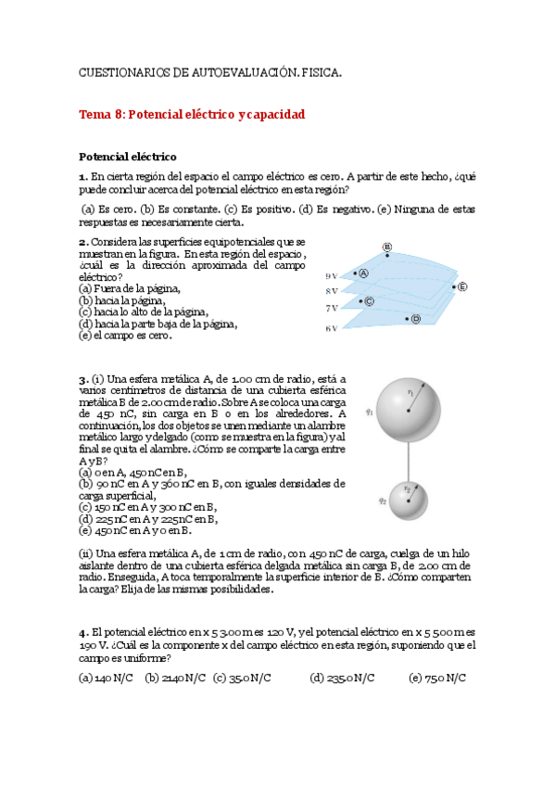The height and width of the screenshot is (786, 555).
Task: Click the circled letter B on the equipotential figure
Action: (387, 247)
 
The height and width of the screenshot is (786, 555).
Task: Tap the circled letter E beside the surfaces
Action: (462, 286)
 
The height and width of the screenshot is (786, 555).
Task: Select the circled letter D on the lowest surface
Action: (416, 319)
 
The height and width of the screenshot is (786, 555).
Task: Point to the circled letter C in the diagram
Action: (368, 301)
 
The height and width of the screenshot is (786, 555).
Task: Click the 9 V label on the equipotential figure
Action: (331, 276)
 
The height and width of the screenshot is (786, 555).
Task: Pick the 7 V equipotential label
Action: (331, 307)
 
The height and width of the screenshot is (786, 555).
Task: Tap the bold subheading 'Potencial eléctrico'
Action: (127, 157)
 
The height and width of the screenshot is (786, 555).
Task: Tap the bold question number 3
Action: (83, 379)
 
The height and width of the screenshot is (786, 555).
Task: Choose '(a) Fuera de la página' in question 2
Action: (129, 288)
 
